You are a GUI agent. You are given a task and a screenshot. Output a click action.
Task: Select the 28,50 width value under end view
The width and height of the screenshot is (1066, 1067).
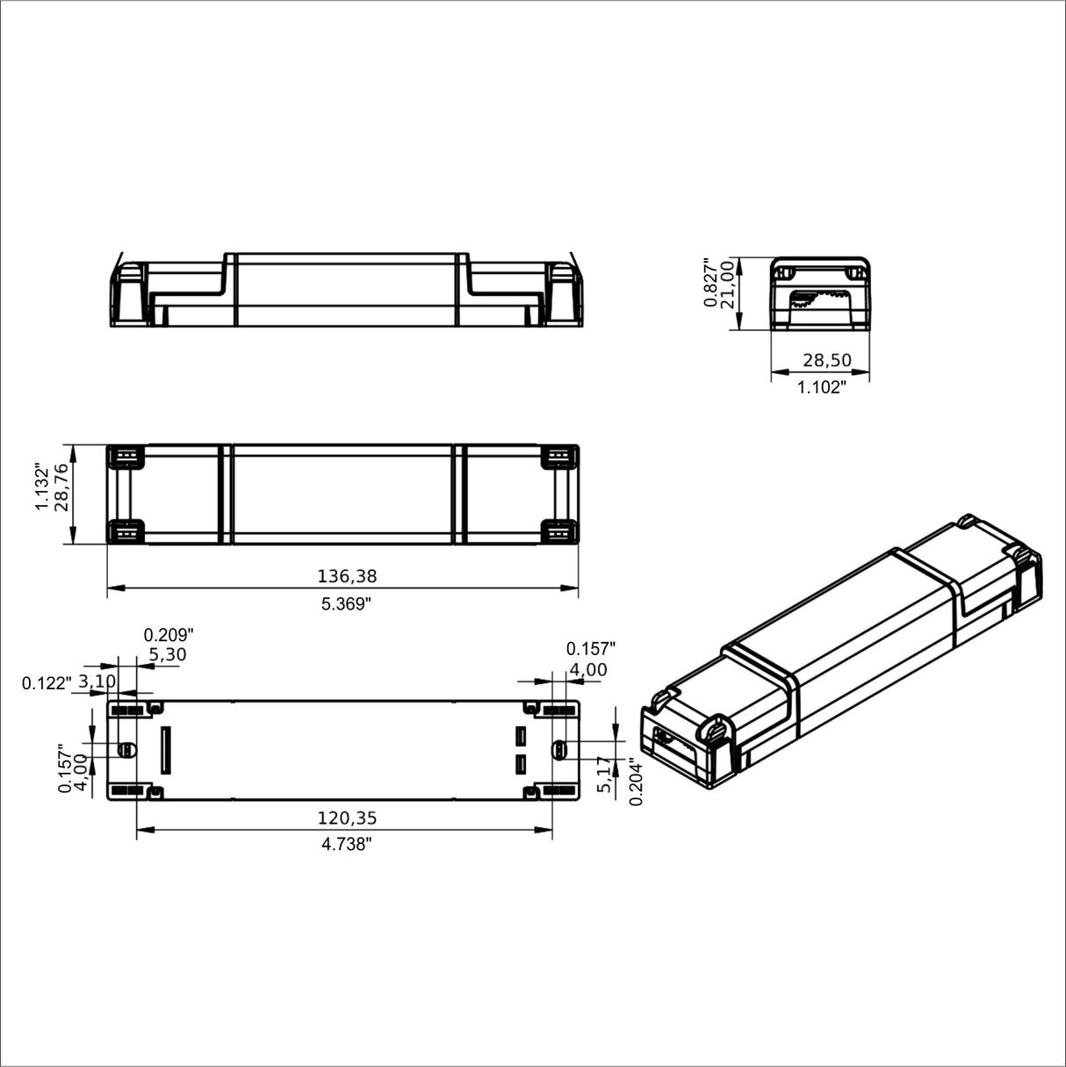(x=821, y=361)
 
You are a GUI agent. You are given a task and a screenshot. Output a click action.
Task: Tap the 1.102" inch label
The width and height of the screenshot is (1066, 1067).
(x=821, y=387)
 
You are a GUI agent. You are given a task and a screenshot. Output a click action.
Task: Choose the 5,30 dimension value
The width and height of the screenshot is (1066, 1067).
(x=167, y=654)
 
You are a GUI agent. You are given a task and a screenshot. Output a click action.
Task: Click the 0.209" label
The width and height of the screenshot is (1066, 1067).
(x=168, y=634)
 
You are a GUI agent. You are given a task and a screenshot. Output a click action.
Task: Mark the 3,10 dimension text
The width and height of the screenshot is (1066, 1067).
(x=97, y=681)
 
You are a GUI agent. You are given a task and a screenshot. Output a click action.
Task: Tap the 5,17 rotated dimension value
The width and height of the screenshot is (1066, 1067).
(x=603, y=774)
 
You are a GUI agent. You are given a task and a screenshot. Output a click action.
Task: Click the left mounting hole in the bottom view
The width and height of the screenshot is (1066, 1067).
(x=126, y=750)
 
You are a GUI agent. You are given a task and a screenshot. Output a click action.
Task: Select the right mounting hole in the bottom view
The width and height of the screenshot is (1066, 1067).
(x=558, y=750)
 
